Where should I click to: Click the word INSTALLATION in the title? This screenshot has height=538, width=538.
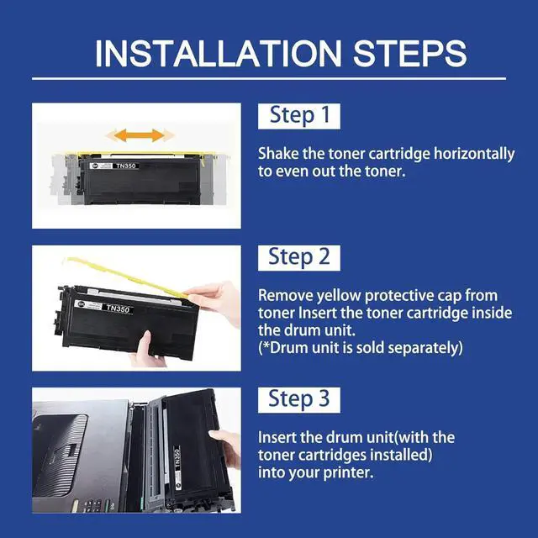tap(219, 54)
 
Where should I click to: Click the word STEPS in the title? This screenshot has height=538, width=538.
tap(410, 54)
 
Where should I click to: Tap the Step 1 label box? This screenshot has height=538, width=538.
tap(299, 116)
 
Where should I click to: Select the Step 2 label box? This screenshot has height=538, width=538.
tap(299, 258)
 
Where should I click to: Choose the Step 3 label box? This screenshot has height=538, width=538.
tap(299, 400)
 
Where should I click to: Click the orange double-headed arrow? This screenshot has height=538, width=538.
tap(139, 135)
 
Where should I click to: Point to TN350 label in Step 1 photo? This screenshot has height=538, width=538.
tap(126, 166)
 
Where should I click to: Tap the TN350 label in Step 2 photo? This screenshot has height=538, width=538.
tap(118, 309)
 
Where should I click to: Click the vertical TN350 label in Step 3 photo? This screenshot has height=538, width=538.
tap(177, 456)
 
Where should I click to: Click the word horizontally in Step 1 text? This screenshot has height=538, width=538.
tap(474, 154)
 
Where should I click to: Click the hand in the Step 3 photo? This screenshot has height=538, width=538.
tap(226, 448)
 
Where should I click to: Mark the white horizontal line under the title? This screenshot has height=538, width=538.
tap(269, 78)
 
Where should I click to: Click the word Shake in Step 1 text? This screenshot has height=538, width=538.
tap(278, 153)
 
